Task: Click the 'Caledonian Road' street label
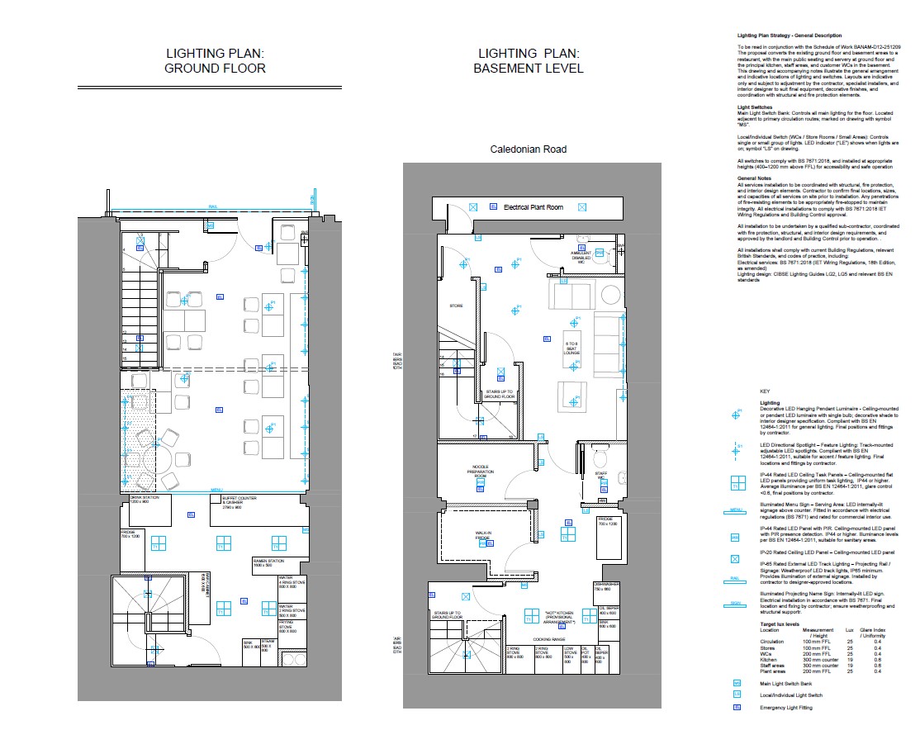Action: (529, 149)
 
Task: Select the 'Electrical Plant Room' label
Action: (534, 207)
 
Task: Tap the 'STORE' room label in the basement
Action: (456, 306)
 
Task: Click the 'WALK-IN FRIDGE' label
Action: (483, 537)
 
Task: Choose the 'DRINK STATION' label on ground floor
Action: (143, 500)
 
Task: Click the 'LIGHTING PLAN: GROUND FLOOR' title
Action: (215, 61)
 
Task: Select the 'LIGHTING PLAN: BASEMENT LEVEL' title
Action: (529, 61)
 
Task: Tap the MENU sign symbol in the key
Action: (736, 510)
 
